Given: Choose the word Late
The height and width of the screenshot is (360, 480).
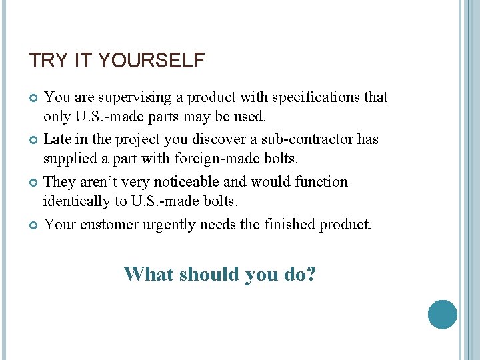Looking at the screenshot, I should click(x=57, y=139).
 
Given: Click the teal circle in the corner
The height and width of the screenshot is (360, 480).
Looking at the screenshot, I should click(x=442, y=315).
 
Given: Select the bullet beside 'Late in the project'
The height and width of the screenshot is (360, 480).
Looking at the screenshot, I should click(x=34, y=140).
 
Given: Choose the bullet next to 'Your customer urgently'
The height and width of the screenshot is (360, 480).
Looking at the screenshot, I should click(x=34, y=225).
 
